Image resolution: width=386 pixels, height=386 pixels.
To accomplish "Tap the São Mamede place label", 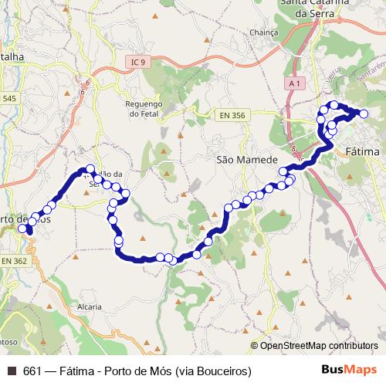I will pos(246,160).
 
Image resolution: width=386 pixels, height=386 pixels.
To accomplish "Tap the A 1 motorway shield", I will pos(292,83).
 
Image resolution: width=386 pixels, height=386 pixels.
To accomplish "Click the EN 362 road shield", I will pos(14,262).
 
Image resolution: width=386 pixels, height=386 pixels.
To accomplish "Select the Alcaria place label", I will pos(90,306).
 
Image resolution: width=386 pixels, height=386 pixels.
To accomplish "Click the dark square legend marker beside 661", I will pos(11,371).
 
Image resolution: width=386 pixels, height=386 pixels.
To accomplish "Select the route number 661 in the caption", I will pos(32,371).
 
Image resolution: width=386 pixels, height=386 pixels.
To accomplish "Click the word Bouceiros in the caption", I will pos(223,371).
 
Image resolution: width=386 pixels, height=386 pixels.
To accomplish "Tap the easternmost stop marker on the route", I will pos(364,114).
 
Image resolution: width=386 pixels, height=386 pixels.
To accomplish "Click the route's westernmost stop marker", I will pos(22,228).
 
